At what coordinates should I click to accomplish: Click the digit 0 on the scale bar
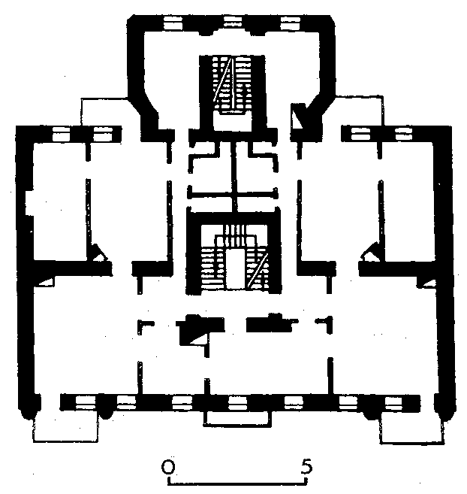click(167, 467)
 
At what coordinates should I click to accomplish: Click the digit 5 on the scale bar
click(306, 466)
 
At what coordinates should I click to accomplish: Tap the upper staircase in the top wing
click(232, 84)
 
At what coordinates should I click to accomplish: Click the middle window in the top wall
click(233, 23)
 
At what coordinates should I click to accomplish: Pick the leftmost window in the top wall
click(173, 23)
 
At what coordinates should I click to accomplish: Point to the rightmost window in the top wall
click(290, 23)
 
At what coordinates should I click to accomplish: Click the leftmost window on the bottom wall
click(86, 402)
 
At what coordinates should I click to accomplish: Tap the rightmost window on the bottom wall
click(393, 403)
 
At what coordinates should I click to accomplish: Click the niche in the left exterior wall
click(29, 203)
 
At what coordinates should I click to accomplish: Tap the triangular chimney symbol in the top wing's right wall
click(297, 116)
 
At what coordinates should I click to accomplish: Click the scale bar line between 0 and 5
click(237, 483)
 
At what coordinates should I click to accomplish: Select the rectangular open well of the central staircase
click(235, 268)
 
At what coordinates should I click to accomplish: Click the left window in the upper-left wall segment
click(61, 134)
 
